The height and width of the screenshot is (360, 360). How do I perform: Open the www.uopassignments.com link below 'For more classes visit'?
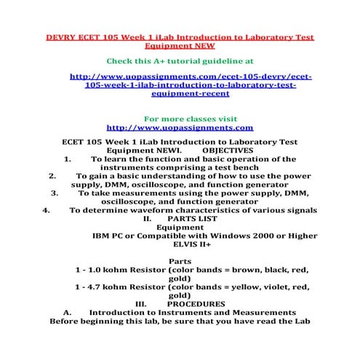tap(180, 127)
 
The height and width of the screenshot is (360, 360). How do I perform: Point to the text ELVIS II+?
tap(180, 245)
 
